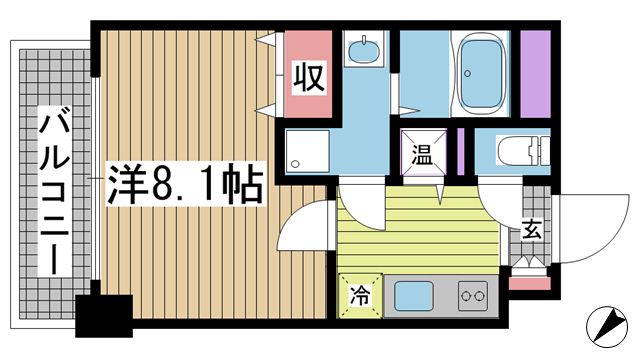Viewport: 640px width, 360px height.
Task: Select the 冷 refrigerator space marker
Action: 358,296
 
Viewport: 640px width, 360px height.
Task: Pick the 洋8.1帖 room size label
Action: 185,184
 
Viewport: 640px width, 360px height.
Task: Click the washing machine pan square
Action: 303,152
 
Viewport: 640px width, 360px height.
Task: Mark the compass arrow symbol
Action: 609,325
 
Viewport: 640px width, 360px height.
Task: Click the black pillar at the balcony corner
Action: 106,316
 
